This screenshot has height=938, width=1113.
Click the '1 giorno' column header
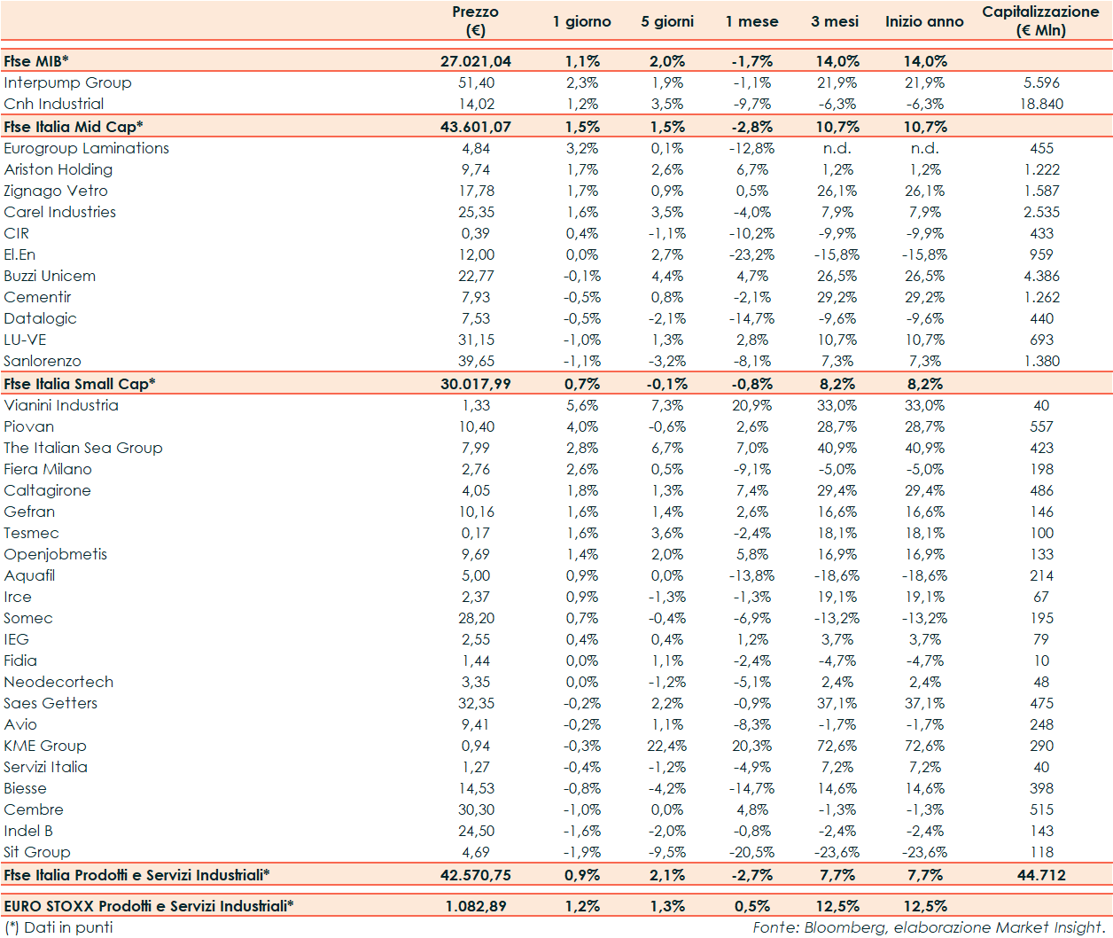click(x=581, y=21)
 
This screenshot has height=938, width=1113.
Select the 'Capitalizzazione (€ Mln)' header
click(x=1040, y=21)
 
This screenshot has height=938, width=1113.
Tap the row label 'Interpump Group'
click(x=67, y=82)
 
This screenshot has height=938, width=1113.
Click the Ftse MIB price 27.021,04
click(x=476, y=61)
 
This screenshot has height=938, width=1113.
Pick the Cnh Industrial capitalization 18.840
click(x=1041, y=104)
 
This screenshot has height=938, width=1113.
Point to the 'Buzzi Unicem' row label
click(x=50, y=276)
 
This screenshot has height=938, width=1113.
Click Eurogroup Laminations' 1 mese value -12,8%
click(x=751, y=148)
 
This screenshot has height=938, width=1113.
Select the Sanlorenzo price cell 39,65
click(x=477, y=361)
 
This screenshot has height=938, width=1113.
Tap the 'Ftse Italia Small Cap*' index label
click(x=79, y=384)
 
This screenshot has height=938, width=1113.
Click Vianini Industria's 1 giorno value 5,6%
click(x=582, y=405)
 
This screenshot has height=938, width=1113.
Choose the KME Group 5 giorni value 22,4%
click(x=666, y=746)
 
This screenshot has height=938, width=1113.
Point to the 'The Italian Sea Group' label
click(x=83, y=448)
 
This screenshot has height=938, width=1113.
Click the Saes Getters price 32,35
click(x=477, y=703)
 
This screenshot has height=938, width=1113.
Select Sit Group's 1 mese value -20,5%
click(x=751, y=852)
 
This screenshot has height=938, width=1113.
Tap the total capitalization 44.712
click(x=1041, y=875)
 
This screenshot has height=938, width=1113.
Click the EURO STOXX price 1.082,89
click(x=476, y=906)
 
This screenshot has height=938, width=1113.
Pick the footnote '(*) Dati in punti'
click(x=58, y=927)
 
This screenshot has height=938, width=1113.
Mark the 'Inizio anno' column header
click(x=924, y=21)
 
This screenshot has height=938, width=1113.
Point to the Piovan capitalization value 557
click(x=1041, y=426)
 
